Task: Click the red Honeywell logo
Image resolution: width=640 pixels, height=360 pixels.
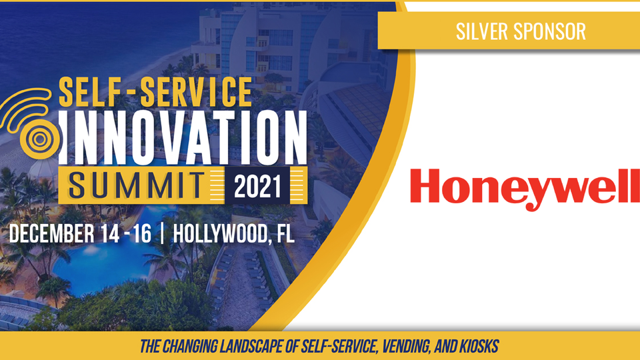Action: pyautogui.click(x=525, y=189)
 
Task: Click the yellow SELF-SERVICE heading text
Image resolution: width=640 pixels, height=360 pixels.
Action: pyautogui.click(x=155, y=92)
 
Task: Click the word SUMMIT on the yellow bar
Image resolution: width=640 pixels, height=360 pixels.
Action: pyautogui.click(x=136, y=185)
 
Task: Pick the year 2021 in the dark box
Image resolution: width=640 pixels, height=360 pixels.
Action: pyautogui.click(x=257, y=187)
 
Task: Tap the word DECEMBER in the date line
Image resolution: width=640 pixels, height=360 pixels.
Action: pyautogui.click(x=51, y=233)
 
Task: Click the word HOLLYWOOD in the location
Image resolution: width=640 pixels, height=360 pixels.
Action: pyautogui.click(x=221, y=234)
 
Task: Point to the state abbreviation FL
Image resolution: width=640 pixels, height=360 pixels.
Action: pyautogui.click(x=285, y=233)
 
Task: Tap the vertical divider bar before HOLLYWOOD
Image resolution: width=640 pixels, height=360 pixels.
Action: pyautogui.click(x=163, y=233)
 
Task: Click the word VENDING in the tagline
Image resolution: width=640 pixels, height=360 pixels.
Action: pyautogui.click(x=406, y=347)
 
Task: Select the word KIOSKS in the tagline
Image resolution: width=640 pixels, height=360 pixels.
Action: pyautogui.click(x=479, y=346)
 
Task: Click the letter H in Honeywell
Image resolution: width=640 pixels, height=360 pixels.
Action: pyautogui.click(x=425, y=186)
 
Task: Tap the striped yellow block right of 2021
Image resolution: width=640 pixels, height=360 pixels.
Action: pyautogui.click(x=299, y=185)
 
